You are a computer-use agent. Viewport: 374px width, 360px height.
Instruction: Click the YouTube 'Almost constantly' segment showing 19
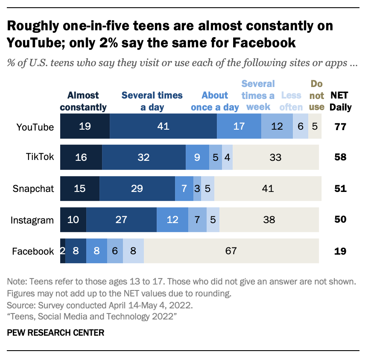(x=85, y=127)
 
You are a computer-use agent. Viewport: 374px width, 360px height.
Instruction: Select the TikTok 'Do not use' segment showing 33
(x=275, y=157)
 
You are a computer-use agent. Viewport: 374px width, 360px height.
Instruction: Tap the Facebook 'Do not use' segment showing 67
(x=231, y=251)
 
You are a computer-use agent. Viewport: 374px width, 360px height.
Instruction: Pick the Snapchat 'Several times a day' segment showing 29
(x=137, y=189)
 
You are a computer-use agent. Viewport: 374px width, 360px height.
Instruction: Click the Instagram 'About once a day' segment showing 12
(x=172, y=220)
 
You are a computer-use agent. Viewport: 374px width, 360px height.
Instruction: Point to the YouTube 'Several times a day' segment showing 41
(x=163, y=127)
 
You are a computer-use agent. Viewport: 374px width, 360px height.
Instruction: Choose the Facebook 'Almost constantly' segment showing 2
(x=63, y=251)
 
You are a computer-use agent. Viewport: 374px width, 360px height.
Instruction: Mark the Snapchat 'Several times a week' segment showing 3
(x=197, y=189)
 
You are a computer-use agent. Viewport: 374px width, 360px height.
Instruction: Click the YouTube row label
(x=35, y=127)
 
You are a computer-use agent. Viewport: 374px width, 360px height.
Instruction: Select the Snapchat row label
(x=33, y=189)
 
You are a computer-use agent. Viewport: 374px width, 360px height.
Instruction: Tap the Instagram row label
(x=32, y=220)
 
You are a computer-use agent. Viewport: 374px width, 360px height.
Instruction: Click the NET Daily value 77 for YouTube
(x=340, y=127)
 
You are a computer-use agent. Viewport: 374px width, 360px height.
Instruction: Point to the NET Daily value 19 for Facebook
(x=340, y=251)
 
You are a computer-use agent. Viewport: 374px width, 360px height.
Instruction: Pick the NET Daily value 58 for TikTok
(x=340, y=157)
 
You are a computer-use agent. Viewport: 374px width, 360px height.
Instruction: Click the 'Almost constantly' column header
(x=83, y=101)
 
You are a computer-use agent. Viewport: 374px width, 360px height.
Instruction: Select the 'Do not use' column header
(x=316, y=95)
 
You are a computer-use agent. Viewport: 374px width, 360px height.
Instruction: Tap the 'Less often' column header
(x=291, y=101)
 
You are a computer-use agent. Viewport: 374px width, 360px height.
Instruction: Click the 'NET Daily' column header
(x=340, y=101)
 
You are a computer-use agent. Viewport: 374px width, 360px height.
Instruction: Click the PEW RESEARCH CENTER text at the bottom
(x=56, y=332)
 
